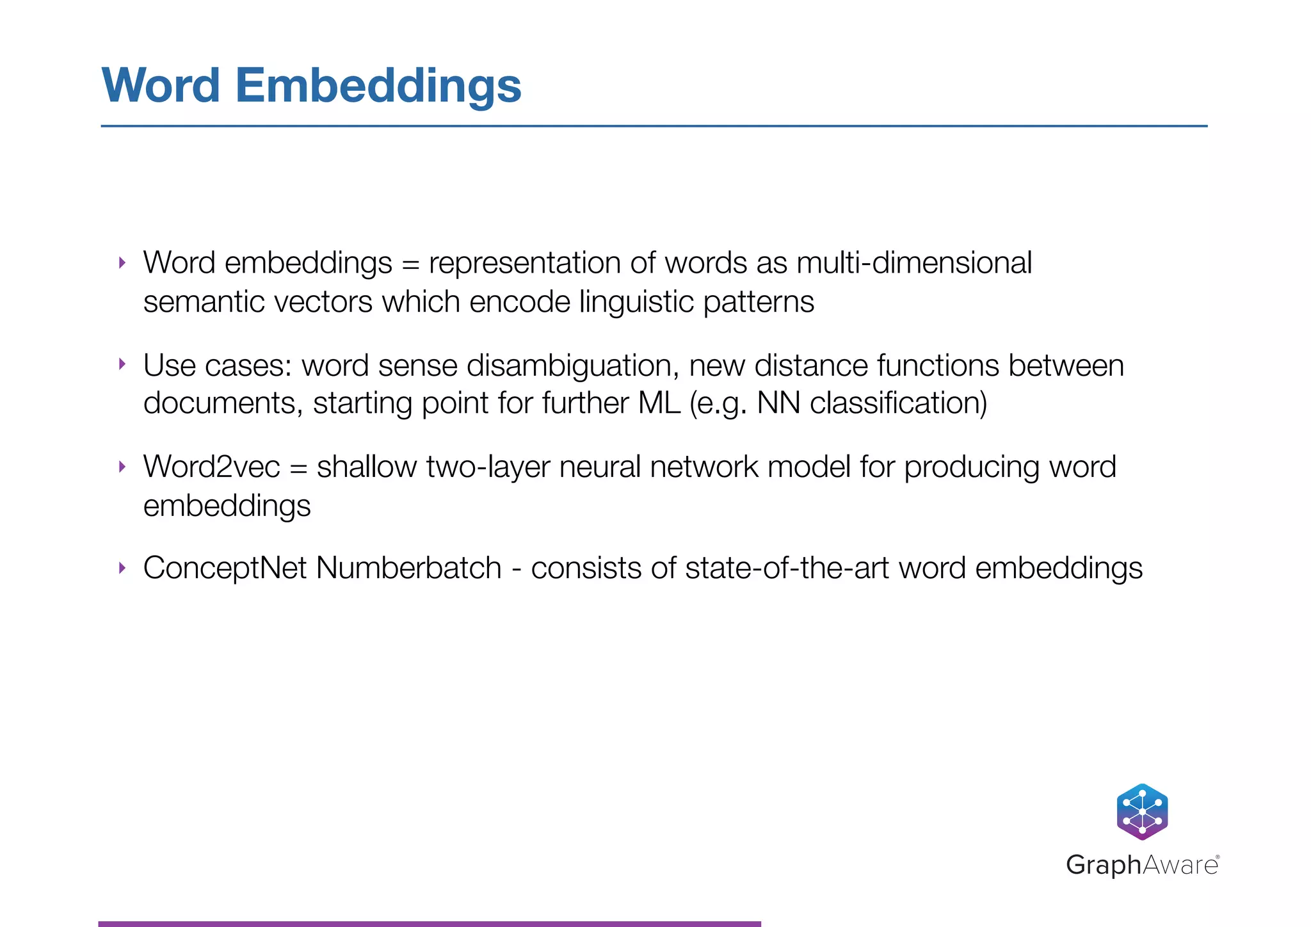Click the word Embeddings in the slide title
(378, 86)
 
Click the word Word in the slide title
(161, 86)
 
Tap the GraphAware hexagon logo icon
(1142, 812)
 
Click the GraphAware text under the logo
(1142, 865)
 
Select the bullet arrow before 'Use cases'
(122, 364)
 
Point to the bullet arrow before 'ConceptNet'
(122, 567)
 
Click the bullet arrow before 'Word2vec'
(122, 466)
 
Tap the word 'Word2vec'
(212, 467)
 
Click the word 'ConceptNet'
(225, 568)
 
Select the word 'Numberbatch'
(409, 568)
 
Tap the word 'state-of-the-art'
(787, 568)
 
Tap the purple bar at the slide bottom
(430, 923)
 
